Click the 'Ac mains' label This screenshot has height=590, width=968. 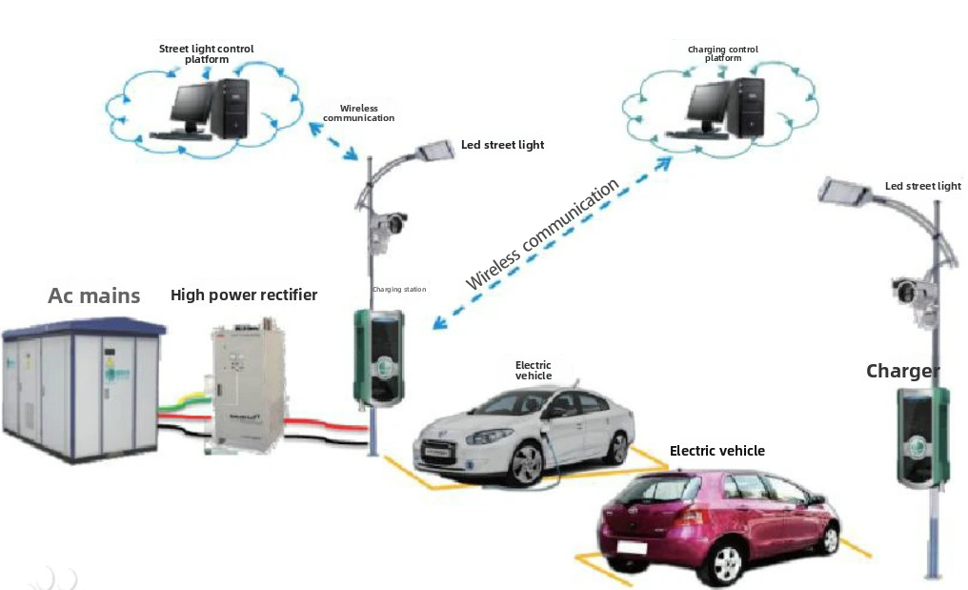[94, 295]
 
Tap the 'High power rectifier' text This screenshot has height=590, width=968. [244, 295]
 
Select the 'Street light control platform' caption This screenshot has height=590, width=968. [207, 53]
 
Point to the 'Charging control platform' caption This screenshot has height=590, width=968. [723, 53]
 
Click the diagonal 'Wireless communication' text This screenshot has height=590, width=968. [543, 234]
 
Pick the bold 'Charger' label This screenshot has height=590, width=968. [902, 371]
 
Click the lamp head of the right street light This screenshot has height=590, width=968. [844, 193]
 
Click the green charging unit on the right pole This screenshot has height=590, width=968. [921, 437]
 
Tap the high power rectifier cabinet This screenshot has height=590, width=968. [247, 386]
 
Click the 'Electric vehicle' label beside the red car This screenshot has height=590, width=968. [716, 451]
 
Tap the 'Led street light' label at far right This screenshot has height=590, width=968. [922, 186]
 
